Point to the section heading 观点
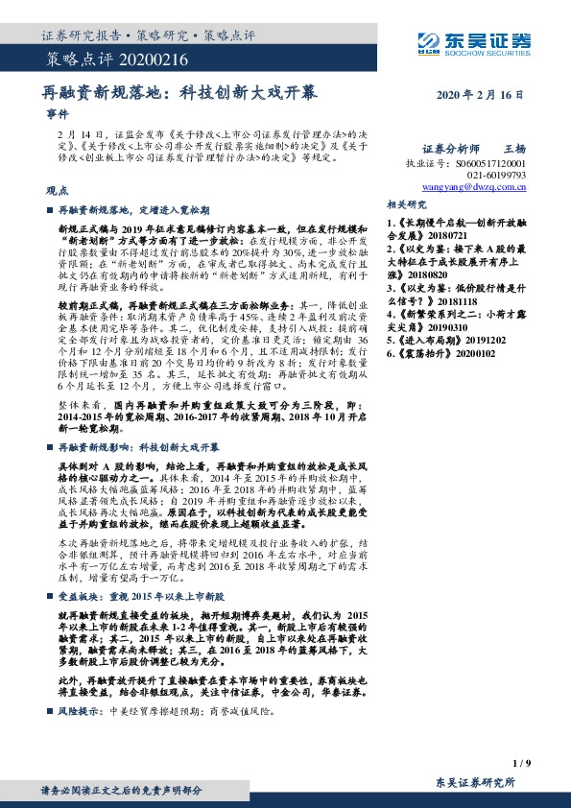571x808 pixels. (57, 190)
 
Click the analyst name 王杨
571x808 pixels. (515, 150)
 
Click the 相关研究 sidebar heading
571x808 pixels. (406, 204)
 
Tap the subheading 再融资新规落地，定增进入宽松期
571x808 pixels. (140, 208)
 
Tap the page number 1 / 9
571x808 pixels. (522, 763)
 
